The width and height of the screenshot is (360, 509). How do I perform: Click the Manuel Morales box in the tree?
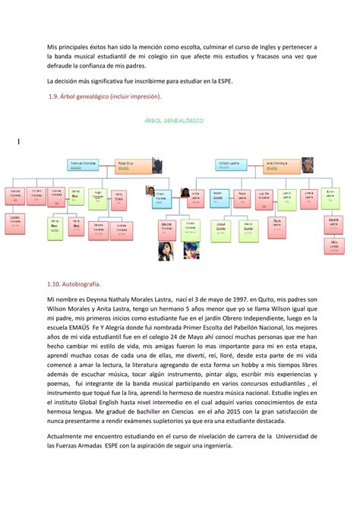tap(84, 164)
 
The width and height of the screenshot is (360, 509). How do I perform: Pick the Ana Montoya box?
tap(275, 164)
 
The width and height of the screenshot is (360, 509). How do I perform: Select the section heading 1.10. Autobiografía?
tap(74, 284)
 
